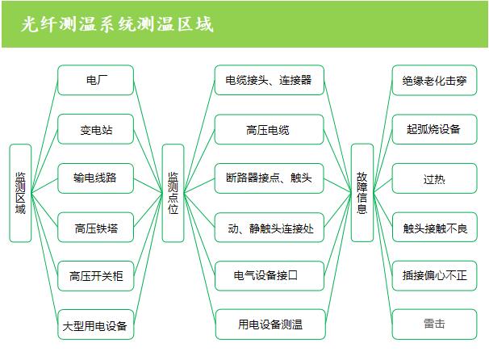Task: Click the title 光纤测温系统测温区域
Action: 118,24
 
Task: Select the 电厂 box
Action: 95,81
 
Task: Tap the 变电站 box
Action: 95,129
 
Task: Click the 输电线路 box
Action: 95,178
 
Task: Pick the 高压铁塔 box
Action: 95,228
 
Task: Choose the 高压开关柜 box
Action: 95,277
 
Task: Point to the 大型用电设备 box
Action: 95,327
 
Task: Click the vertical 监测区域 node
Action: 20,193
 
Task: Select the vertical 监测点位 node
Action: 173,193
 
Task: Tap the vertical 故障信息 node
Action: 362,193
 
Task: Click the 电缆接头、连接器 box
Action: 269,81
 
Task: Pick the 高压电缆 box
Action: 269,129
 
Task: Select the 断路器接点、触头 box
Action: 269,178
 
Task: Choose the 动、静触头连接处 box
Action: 269,228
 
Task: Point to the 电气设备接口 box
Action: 269,276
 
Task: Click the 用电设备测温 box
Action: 269,324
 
